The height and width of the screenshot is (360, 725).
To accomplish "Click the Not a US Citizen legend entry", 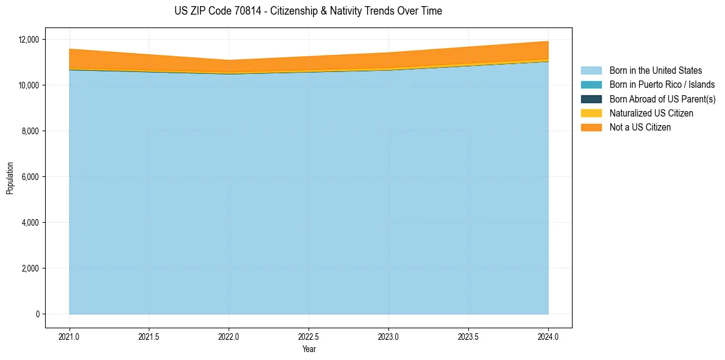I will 640,128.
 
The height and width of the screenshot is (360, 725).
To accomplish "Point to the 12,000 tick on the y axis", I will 29,40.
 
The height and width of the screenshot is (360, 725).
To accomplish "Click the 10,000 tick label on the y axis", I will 29,85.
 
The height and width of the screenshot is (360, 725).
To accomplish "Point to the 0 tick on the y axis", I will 37,314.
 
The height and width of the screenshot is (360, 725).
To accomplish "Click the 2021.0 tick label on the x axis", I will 70,336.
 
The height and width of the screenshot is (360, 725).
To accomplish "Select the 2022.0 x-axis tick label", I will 229,336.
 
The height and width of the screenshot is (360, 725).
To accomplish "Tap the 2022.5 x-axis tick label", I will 309,336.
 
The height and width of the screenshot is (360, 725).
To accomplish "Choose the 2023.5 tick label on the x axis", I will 468,336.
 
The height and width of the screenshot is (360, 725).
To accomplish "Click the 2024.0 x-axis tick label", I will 548,336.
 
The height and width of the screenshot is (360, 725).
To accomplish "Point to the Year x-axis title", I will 309,349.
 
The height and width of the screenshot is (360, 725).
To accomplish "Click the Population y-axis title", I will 10,178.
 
